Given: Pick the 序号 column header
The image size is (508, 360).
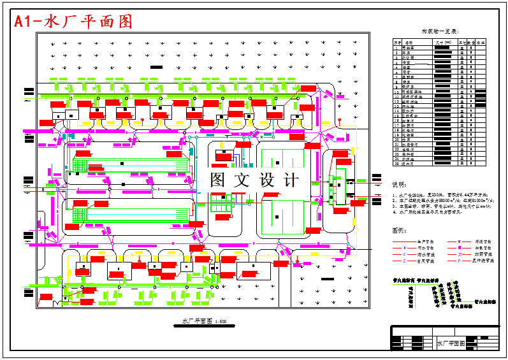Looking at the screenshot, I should click(x=396, y=42).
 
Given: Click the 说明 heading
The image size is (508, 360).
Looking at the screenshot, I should click(x=399, y=185).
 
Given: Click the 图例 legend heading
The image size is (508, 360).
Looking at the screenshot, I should click(x=399, y=230).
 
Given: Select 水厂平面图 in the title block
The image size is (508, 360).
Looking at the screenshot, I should click(x=450, y=343).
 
